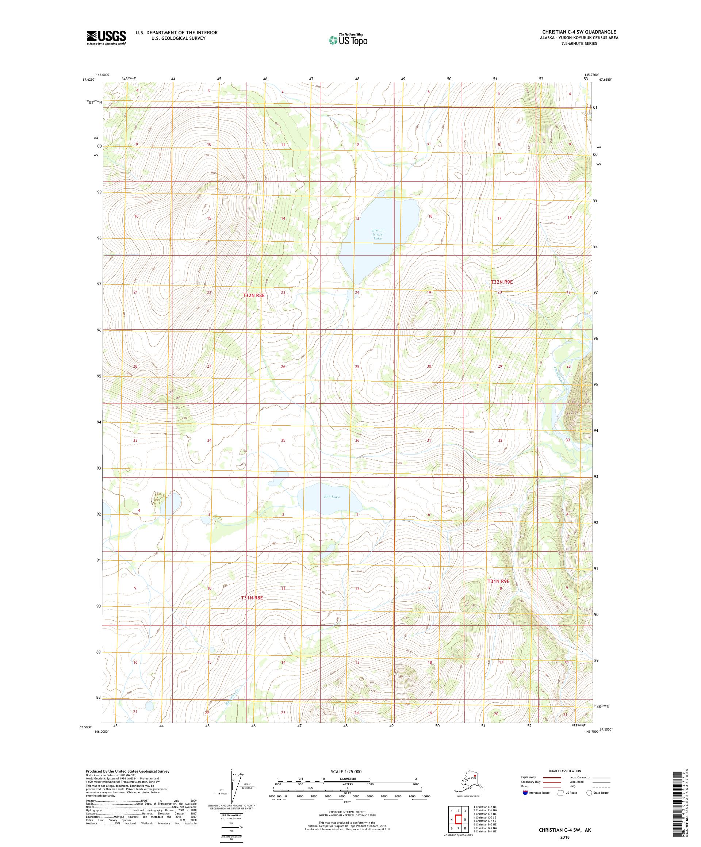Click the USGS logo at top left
pos(106,38)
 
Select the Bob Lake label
pos(332,497)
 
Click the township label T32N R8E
pos(254,296)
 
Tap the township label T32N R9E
pos(502,282)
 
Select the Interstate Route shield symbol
pos(525,793)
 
